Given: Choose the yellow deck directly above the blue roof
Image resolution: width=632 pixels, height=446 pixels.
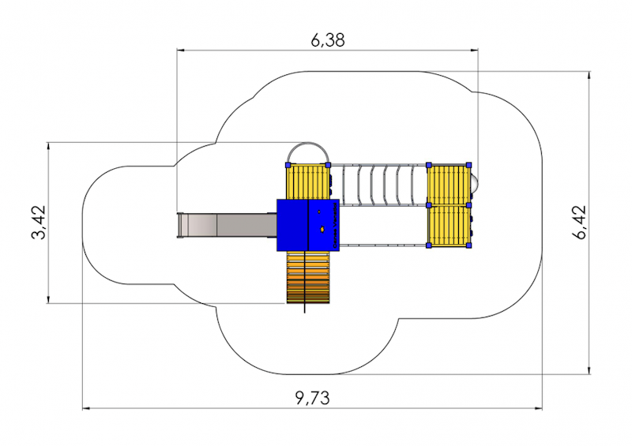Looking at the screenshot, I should [x=307, y=182].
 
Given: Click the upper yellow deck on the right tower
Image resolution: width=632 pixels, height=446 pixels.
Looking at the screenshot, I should [x=449, y=185].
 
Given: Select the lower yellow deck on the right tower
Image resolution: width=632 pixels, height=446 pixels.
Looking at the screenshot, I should [x=449, y=226].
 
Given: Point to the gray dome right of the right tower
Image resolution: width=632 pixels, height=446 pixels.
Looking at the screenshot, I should [x=476, y=185].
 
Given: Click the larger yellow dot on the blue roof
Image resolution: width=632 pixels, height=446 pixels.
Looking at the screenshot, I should [x=322, y=230].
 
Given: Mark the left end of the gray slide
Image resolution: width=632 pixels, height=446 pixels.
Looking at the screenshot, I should [x=180, y=225].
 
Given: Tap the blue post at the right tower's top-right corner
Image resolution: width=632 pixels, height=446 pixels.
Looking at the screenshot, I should [x=469, y=165].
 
